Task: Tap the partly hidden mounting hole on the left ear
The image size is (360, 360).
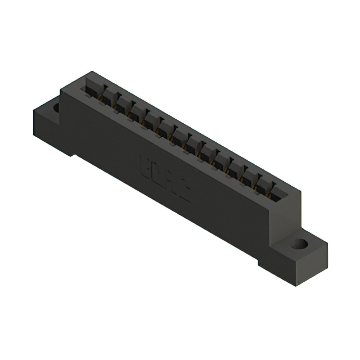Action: [56, 107]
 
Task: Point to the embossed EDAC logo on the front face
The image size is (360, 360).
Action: [164, 179]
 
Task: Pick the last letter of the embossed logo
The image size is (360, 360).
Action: [184, 193]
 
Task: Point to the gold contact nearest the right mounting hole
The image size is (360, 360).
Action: [273, 197]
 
